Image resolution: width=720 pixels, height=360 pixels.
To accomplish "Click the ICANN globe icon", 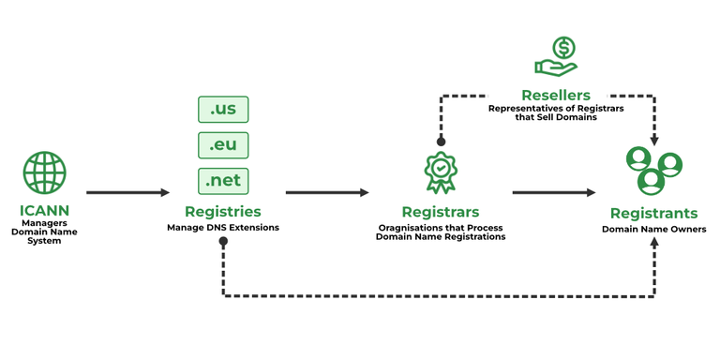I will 45,172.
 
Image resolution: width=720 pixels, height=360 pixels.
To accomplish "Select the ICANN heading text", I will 44,210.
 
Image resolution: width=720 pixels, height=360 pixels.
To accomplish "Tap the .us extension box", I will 223,109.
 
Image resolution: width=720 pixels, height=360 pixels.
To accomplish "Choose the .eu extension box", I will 223,144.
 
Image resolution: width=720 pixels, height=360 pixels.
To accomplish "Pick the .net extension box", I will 223,180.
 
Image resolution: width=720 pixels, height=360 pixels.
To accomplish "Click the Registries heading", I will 222,212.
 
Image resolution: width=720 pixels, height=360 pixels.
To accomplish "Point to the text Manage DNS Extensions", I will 222,228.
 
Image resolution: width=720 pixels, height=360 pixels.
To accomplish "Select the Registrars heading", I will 441,212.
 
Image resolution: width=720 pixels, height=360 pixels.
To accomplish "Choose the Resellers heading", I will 556,95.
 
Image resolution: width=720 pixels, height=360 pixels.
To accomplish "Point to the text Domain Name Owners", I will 653,229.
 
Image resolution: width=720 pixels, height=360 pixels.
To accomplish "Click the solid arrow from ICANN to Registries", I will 127,192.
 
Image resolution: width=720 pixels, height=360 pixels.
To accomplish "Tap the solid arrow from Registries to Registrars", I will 327,192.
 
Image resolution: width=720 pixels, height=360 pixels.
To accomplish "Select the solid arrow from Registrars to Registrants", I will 553,192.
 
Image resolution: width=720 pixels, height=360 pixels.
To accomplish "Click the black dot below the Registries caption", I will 223,242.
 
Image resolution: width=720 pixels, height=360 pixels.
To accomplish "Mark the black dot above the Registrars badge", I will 441,142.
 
